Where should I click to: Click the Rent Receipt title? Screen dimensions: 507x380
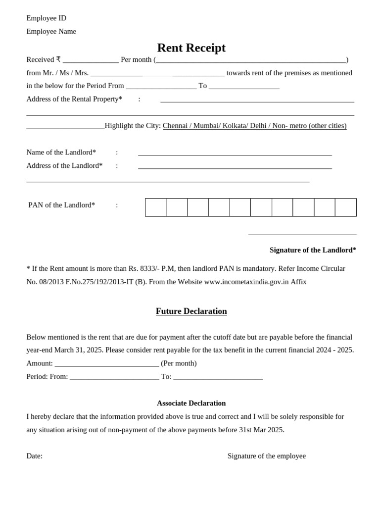coord(191,48)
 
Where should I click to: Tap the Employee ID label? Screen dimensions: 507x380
coord(46,18)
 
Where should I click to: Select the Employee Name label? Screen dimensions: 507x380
coord(51,32)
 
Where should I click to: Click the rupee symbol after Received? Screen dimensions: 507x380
coord(58,59)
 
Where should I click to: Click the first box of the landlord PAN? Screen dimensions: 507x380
coord(155,207)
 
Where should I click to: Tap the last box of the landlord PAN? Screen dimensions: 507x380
coord(345,207)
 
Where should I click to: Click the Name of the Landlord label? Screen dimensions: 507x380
coord(61,152)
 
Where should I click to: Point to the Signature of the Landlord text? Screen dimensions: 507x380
coord(313,250)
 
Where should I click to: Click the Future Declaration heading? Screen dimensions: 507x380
coord(191,311)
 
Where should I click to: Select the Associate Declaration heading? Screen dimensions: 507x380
coord(191,403)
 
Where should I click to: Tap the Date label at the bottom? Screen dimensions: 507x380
coord(34,456)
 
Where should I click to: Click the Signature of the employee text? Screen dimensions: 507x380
coord(266,456)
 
